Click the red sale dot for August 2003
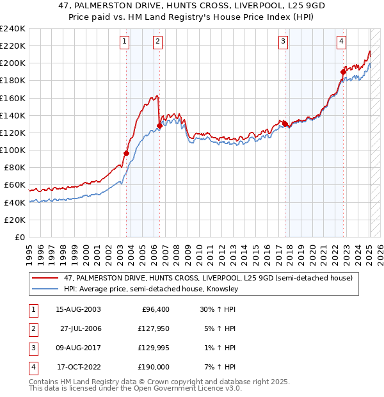[x=126, y=153]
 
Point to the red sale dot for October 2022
[x=344, y=72]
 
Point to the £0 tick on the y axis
[x=19, y=237]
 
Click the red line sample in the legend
[x=46, y=278]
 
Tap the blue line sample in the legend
[x=46, y=289]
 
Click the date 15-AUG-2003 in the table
[x=78, y=309]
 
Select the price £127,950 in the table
[x=151, y=328]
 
